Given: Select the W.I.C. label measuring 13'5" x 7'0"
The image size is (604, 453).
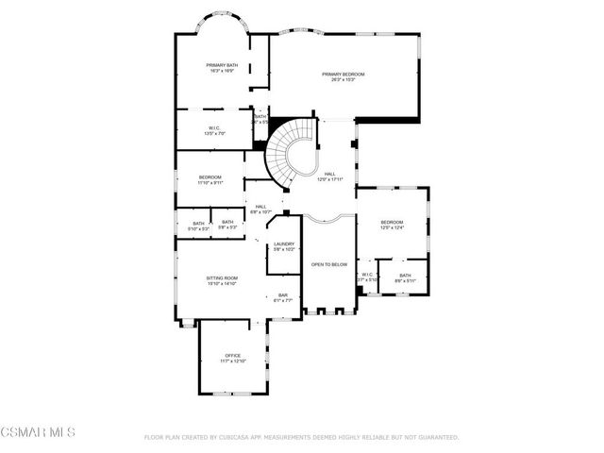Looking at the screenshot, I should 215,130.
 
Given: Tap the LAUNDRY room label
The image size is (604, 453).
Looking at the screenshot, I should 284,246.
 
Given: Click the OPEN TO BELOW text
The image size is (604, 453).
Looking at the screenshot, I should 329,264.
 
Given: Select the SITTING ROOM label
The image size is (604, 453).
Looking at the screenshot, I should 223,280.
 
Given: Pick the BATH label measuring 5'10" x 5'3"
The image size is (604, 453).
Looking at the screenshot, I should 197,226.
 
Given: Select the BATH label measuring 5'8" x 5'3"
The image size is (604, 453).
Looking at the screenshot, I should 227,226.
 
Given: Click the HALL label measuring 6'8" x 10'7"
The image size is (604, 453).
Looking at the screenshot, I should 260,210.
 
